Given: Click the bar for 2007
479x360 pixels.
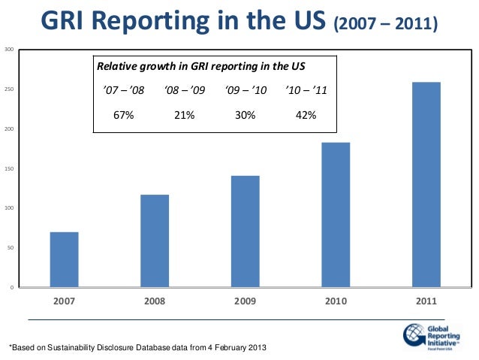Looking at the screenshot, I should click(64, 259).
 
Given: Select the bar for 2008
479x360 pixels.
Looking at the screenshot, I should click(155, 241).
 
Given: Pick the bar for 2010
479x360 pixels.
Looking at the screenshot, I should click(336, 215).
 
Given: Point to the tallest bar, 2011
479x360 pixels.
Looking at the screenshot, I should click(426, 184).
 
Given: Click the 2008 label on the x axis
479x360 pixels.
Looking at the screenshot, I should click(155, 301).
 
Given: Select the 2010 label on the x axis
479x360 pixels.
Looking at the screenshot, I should click(336, 301).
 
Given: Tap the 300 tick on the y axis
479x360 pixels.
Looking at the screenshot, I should click(8, 50).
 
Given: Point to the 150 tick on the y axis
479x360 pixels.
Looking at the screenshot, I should click(8, 169).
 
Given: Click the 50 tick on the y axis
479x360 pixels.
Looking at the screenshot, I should click(9, 248).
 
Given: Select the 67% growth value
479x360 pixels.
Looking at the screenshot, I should click(124, 116).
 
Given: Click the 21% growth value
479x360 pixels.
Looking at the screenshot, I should click(185, 116).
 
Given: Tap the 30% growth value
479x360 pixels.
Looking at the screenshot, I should click(246, 116).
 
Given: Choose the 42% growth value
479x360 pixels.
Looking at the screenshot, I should click(306, 116).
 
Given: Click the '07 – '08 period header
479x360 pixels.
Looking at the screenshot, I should click(124, 91).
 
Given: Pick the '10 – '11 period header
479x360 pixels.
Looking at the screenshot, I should click(306, 91).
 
